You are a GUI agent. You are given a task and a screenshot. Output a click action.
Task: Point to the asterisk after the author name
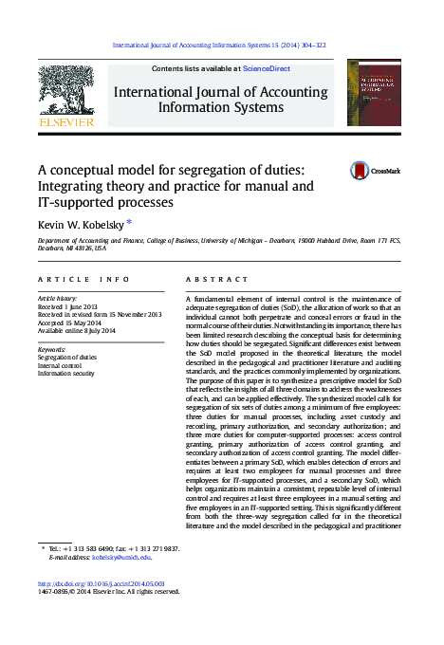[129, 222]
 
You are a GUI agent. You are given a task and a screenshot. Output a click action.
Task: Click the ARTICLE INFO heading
[83, 280]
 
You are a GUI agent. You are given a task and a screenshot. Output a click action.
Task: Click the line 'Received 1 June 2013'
[67, 306]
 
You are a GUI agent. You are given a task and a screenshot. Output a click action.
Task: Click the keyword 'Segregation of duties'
[66, 357]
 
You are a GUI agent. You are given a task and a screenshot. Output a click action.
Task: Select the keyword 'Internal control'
[59, 365]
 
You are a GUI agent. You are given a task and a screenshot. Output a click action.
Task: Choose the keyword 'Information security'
[65, 373]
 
